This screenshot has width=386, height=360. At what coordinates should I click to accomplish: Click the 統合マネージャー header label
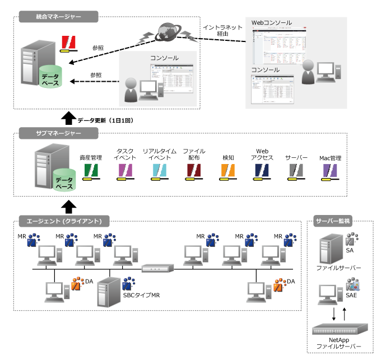pos(55,17)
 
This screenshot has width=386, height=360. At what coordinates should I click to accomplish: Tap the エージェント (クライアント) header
pos(63,220)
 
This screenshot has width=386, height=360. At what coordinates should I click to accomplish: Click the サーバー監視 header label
pos(332,221)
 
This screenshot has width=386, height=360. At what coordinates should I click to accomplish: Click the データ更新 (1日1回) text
pos(105,120)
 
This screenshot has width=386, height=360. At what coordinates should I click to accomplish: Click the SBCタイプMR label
pos(141,295)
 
